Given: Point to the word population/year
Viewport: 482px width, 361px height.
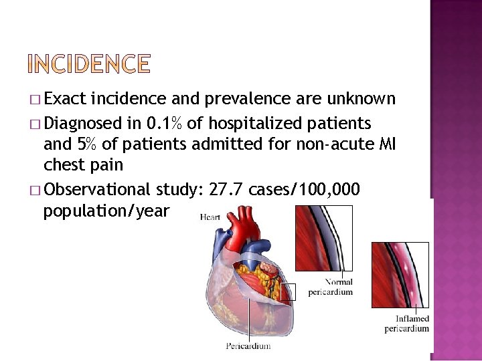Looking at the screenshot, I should point(106,212).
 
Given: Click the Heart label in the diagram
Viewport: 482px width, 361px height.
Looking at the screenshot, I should point(210,217).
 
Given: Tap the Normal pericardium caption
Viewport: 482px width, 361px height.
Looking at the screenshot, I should point(330,287).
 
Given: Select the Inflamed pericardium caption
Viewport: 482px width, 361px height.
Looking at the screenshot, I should point(406,324).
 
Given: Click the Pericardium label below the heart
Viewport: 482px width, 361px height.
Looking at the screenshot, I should point(248,346).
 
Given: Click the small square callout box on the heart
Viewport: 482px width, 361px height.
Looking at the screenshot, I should point(288,291).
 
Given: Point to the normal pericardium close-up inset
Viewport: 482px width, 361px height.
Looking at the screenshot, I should point(324,239).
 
